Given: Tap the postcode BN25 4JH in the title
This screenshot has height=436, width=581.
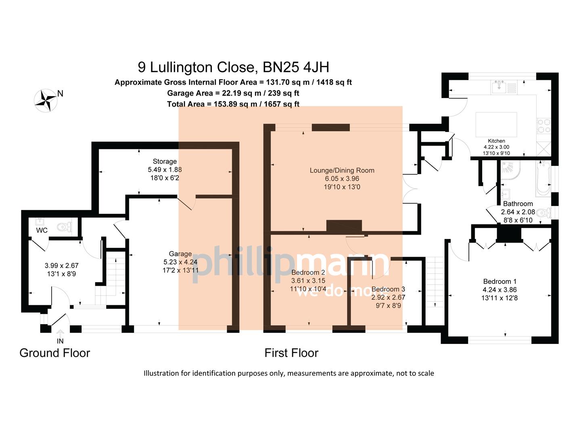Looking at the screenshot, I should click(x=295, y=67).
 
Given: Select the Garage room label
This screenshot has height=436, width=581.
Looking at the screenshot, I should click(x=180, y=254).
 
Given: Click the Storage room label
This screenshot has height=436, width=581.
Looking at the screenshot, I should click(x=165, y=161).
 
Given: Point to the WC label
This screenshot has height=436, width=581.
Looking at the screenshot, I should click(x=42, y=231).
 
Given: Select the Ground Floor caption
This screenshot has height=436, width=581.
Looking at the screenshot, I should click(x=54, y=353).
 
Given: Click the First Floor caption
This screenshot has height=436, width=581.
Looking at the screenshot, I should click(x=291, y=353).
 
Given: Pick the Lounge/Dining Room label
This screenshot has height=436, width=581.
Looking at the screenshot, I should click(x=342, y=170).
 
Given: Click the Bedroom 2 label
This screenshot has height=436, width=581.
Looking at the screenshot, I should click(x=308, y=272).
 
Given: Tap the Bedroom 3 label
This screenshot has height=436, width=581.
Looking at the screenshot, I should click(x=388, y=289).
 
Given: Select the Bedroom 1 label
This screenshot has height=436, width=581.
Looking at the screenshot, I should click(x=499, y=281).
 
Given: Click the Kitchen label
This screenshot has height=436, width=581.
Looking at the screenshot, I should click(x=496, y=141).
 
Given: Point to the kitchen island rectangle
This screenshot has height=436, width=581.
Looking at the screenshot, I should click(x=496, y=125).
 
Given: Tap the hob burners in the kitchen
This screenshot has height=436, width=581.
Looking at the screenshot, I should click(x=543, y=126).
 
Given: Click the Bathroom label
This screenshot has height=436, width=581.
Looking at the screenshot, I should click(x=518, y=204).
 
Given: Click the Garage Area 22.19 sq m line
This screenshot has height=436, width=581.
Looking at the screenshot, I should click(x=233, y=93).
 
